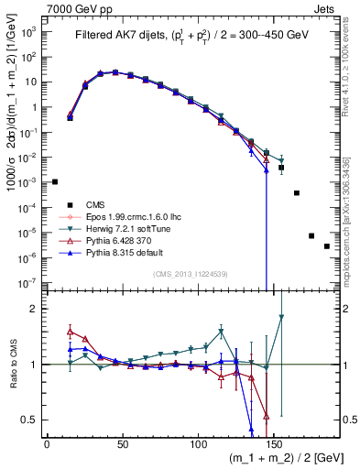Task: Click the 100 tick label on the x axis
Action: click(197, 443)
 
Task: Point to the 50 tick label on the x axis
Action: click(122, 443)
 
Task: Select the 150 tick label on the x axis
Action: click(273, 443)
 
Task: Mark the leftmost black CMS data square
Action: click(55, 181)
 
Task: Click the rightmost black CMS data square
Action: click(327, 271)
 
